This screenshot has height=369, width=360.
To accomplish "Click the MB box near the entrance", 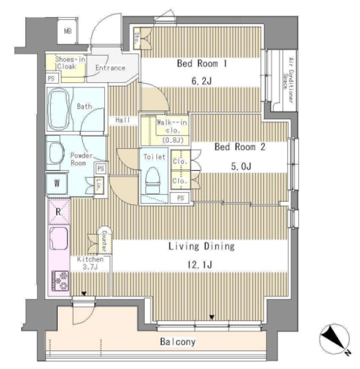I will tap(68, 31).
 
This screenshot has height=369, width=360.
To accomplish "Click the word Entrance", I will tap(110, 68).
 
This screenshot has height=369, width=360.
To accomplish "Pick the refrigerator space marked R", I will tap(58, 211).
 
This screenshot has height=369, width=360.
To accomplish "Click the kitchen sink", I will tap(59, 238).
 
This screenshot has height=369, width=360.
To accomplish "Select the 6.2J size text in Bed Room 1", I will tap(201, 81).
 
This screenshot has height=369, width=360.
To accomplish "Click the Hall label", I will tap(122, 120).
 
